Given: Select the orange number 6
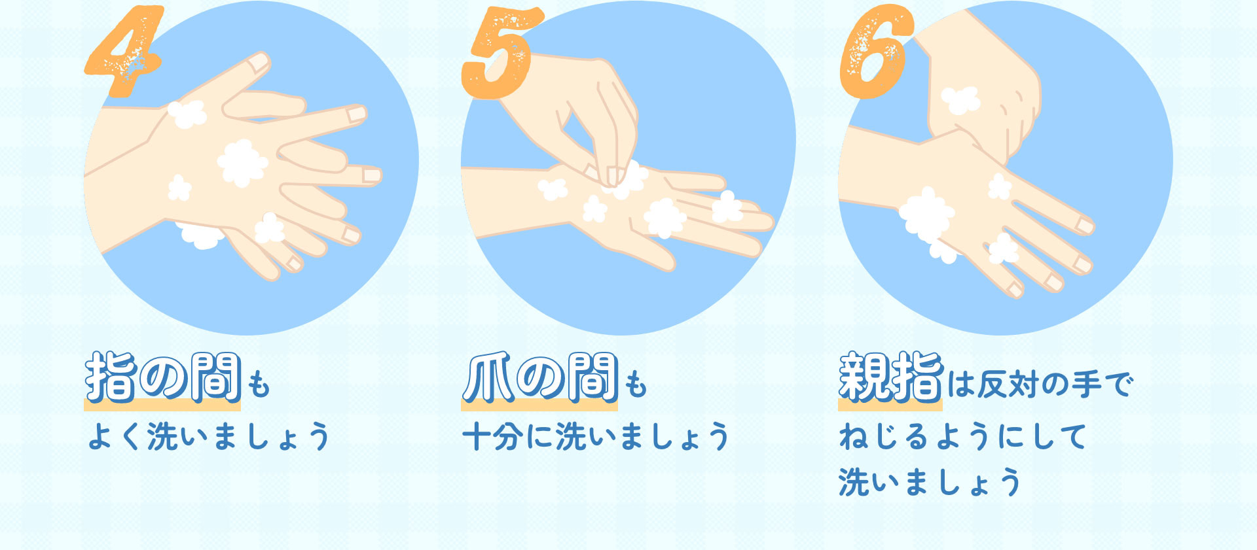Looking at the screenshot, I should coord(876,52).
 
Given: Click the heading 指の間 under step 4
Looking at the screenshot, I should coord(163,377).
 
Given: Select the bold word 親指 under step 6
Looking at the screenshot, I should coord(890,377).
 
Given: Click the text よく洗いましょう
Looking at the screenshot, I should coord(208,436).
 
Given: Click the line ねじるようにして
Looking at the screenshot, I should coord(962,436).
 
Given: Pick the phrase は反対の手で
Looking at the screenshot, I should coord(1040,384).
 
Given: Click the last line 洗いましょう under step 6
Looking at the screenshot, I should coord(930,483).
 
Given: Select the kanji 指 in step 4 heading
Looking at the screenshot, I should coord(110,377).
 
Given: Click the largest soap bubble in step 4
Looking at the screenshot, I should coord(242,162).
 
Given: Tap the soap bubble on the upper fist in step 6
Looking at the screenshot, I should coord(960,100).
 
